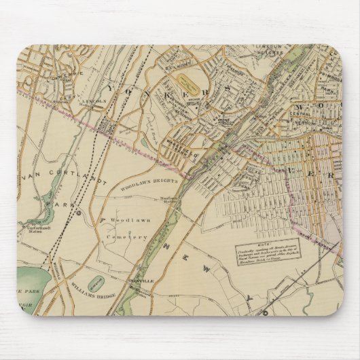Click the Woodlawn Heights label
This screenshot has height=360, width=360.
coord(148,181)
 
